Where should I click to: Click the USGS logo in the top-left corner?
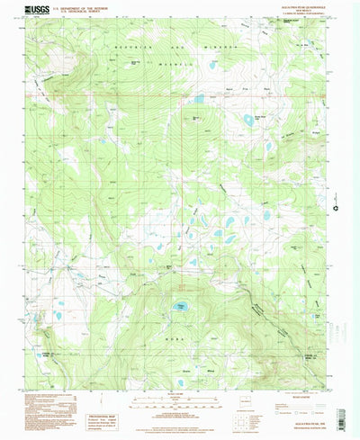[37, 11]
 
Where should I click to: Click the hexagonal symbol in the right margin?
[335, 209]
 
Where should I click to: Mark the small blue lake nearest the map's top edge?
[212, 65]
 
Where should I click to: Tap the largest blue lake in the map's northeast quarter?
[249, 118]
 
